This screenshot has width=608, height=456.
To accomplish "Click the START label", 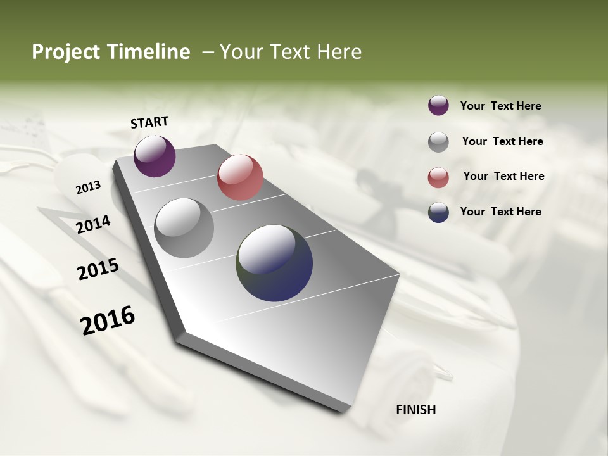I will pos(149,122).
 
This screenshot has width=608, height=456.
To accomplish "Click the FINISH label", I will pos(415,410).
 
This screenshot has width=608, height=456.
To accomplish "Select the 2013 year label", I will pos(88,187).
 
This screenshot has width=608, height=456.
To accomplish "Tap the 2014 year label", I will pos(93,225).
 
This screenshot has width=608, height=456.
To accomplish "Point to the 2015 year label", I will pos(98,269).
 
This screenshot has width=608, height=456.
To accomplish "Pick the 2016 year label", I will pos(108,320).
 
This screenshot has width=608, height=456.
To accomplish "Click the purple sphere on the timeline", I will pos(155,156).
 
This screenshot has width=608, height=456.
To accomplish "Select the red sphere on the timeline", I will pos(240,177).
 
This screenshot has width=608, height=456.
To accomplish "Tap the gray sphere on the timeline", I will pos(184,227).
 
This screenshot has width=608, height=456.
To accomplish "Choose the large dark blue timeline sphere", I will pos(274,263).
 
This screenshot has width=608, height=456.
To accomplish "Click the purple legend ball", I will pos(438,105).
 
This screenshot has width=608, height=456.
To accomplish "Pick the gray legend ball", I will pos(438,142).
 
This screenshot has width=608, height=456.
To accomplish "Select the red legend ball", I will pos(438,177).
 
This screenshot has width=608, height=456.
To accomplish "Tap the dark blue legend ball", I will pos(438,212).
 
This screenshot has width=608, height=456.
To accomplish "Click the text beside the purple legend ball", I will pos(500,106).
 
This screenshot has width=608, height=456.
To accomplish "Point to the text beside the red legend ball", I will pos(503,176).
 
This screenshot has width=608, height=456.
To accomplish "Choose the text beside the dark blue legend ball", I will pos(500,212).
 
